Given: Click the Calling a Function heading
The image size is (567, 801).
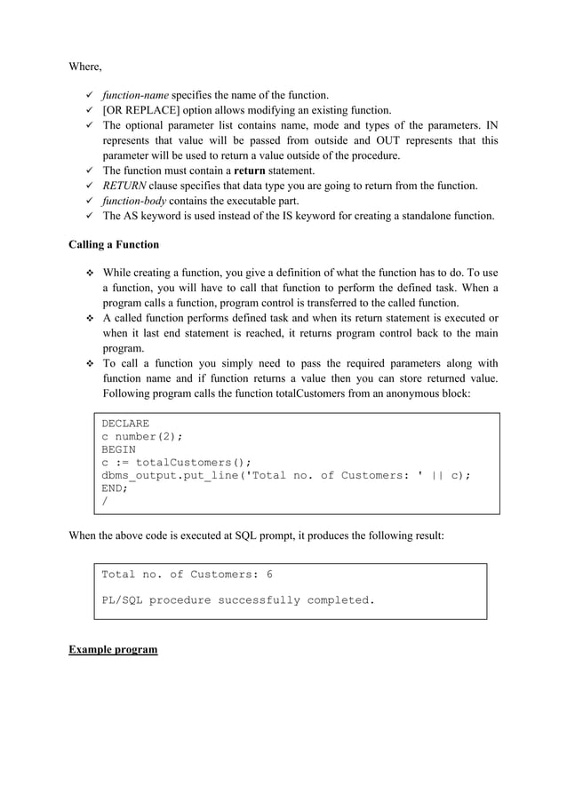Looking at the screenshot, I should pyautogui.click(x=116, y=245).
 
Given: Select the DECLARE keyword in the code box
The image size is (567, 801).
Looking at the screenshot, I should pyautogui.click(x=125, y=424).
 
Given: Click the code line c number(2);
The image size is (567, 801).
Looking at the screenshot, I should pyautogui.click(x=141, y=437).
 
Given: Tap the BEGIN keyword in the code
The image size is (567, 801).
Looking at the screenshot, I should pyautogui.click(x=118, y=449).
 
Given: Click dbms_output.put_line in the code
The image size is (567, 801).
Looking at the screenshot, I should pyautogui.click(x=165, y=475).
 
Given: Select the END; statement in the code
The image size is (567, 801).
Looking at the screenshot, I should pyautogui.click(x=115, y=488).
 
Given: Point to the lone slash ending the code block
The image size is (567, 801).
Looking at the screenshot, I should pyautogui.click(x=105, y=502).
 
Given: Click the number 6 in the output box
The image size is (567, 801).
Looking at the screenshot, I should pyautogui.click(x=269, y=575).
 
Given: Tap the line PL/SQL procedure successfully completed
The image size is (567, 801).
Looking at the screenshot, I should pyautogui.click(x=238, y=600).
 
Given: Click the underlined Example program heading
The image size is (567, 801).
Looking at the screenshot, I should pyautogui.click(x=113, y=650).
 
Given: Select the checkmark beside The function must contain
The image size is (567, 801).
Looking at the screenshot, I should pyautogui.click(x=89, y=171).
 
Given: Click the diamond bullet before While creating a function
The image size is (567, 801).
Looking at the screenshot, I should pyautogui.click(x=89, y=273).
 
